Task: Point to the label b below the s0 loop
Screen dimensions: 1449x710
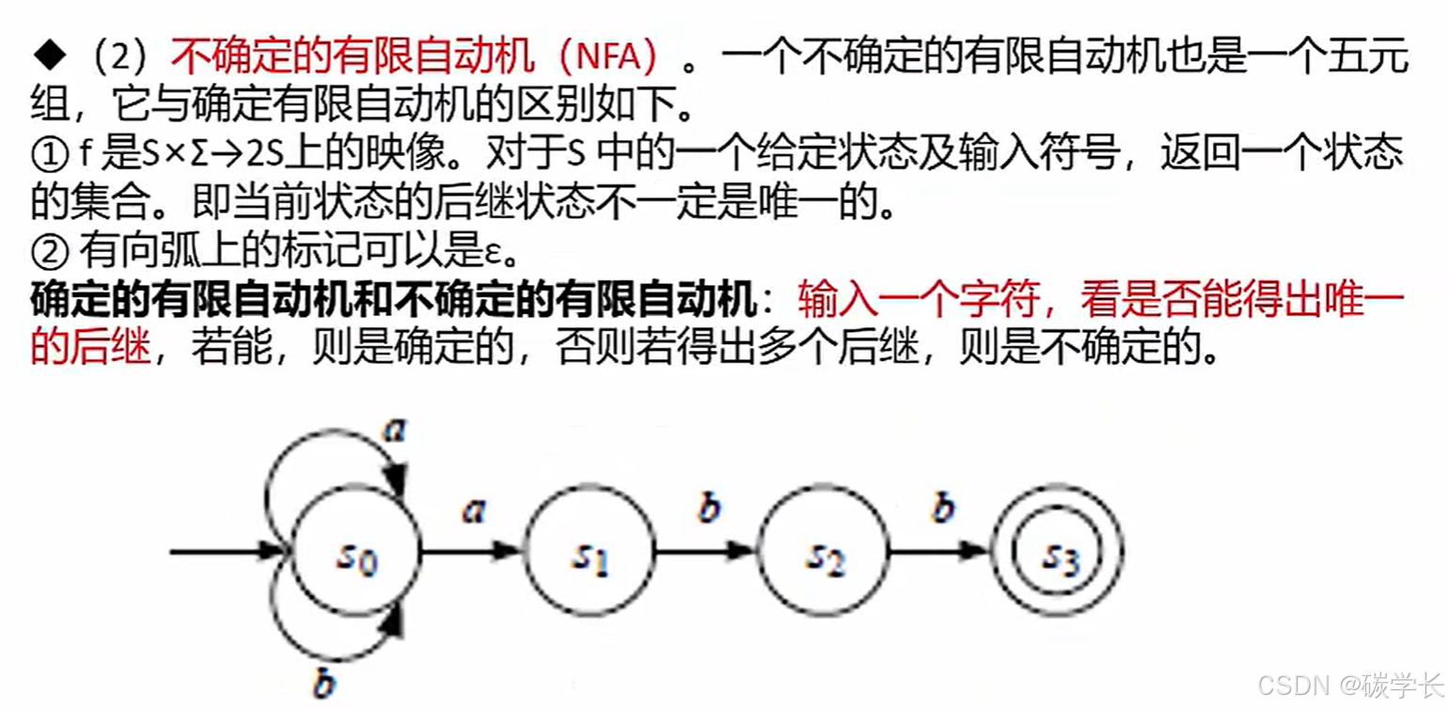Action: click(x=323, y=683)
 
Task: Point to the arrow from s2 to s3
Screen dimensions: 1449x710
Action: click(x=940, y=551)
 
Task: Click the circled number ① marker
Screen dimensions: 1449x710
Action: click(x=48, y=152)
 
